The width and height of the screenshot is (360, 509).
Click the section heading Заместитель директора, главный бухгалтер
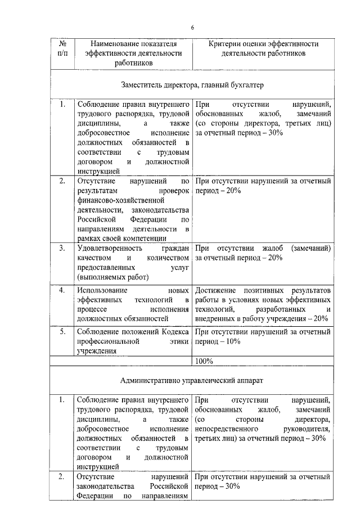click(192, 85)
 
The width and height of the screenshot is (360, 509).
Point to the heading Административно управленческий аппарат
click(192, 380)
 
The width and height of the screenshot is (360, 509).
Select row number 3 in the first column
click(62, 248)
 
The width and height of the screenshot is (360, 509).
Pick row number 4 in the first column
click(62, 290)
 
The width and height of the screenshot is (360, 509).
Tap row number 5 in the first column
click(62, 332)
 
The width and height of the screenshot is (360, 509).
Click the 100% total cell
click(204, 360)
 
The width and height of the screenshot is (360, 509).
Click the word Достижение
click(217, 290)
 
